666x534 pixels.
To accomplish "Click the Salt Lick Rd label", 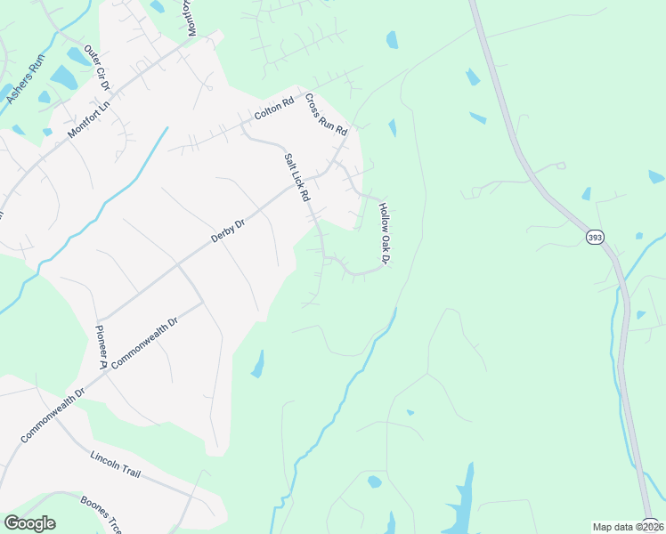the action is [296, 177].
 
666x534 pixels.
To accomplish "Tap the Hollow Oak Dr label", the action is [385, 234].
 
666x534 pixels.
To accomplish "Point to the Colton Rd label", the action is [274, 109].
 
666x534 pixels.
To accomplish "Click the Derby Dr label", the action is [227, 231].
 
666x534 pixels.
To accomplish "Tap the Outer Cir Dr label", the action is [96, 69].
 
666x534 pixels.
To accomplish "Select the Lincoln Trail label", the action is [116, 464].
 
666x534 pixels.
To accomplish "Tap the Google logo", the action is [29, 523].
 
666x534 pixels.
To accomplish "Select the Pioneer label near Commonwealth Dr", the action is [101, 346].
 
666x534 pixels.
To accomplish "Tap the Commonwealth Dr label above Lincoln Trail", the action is [52, 415].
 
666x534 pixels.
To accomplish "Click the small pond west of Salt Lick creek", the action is [258, 364].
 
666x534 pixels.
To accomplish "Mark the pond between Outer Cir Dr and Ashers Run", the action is [63, 77].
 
